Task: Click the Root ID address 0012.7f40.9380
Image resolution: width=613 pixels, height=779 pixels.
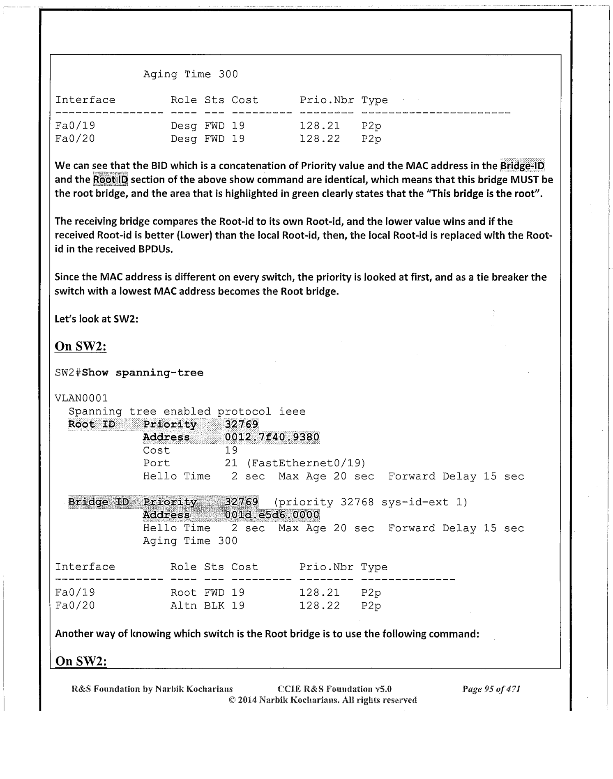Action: click(272, 437)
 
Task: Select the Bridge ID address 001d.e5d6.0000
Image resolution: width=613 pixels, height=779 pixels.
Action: click(272, 515)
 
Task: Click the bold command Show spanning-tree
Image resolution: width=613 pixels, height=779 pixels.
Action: click(143, 373)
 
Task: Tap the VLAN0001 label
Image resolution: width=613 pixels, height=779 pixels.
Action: click(81, 398)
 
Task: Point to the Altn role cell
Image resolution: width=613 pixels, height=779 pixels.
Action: click(183, 606)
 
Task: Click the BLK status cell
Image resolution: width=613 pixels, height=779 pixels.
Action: click(214, 606)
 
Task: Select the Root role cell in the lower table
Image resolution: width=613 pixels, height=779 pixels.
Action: click(183, 592)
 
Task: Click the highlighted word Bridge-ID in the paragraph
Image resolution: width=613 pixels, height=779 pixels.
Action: click(522, 166)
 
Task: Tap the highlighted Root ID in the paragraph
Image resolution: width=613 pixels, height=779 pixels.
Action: click(111, 180)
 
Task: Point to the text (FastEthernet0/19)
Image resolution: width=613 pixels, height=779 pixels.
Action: click(306, 463)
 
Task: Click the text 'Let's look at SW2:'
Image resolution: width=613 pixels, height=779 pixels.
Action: click(96, 319)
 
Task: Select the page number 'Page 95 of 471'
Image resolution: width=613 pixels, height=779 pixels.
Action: click(491, 689)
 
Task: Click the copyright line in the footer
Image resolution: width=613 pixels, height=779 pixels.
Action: click(323, 700)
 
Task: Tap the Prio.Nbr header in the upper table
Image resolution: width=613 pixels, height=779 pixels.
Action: click(326, 100)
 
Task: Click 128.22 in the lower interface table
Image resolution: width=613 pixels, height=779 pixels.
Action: click(320, 606)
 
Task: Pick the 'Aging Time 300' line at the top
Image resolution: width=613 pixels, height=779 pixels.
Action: click(190, 74)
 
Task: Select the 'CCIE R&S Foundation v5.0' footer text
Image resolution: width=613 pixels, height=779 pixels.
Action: click(334, 689)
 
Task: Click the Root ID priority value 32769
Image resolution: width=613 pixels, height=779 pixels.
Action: click(242, 424)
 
